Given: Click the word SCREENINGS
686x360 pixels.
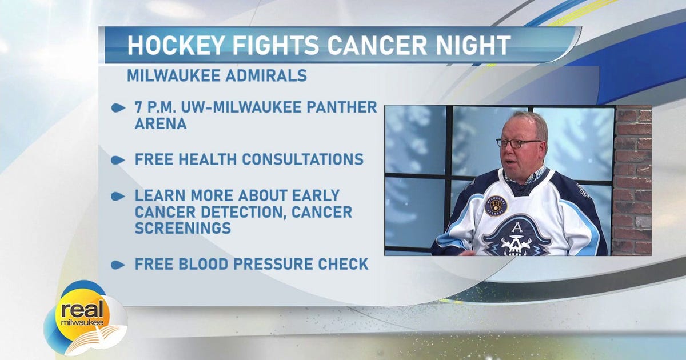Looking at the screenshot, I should pyautogui.click(x=183, y=228).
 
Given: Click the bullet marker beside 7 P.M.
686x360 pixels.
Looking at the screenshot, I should pyautogui.click(x=118, y=108).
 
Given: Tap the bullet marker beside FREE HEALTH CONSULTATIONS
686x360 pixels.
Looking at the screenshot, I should pyautogui.click(x=118, y=160).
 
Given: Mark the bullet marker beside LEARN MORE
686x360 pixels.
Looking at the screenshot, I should pyautogui.click(x=118, y=196).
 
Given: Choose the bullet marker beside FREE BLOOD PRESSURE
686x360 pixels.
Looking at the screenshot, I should pyautogui.click(x=118, y=265).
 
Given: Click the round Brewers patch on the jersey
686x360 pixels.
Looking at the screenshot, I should pyautogui.click(x=496, y=205).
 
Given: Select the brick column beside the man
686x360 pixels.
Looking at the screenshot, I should pyautogui.click(x=632, y=180).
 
